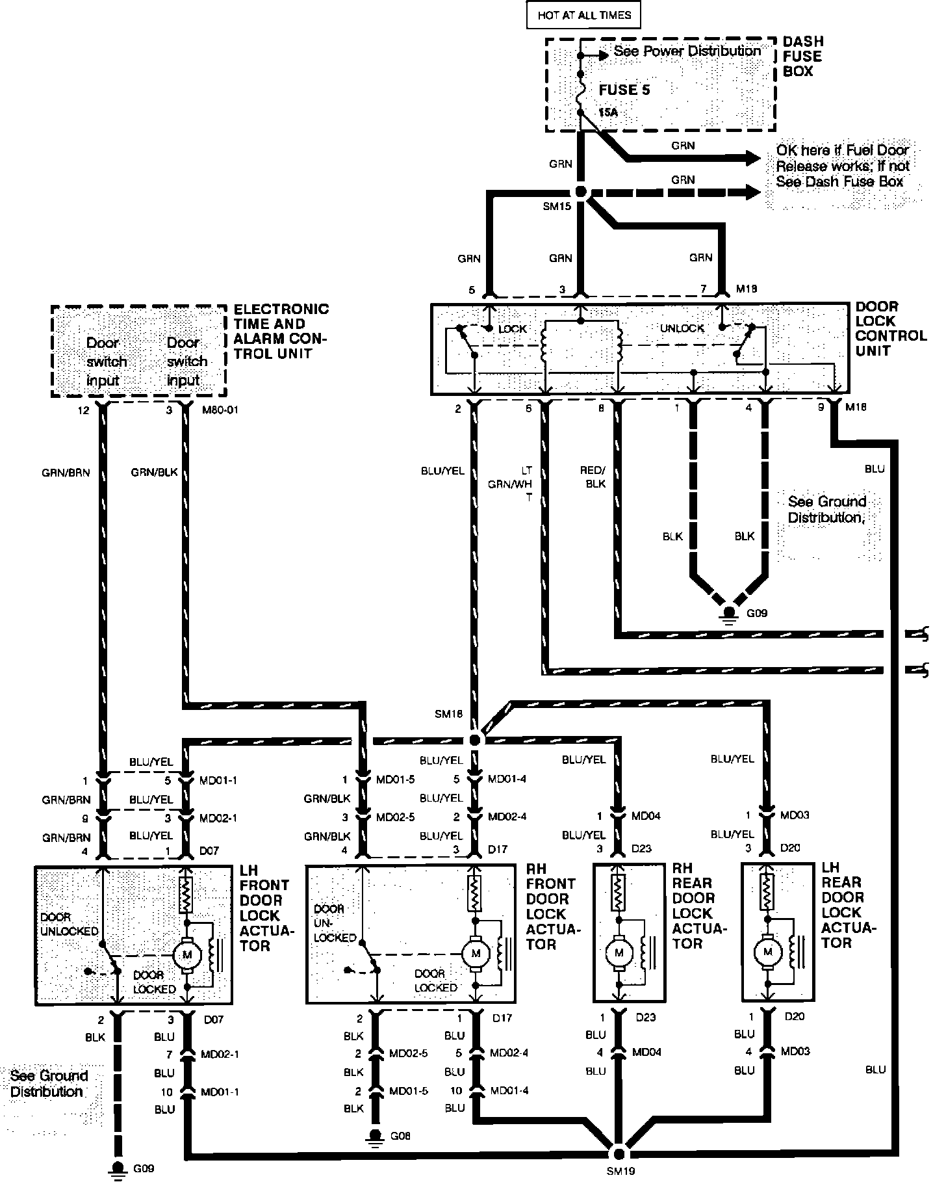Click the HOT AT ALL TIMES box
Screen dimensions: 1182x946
584,15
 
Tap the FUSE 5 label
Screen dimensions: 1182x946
624,90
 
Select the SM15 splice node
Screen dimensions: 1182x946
581,192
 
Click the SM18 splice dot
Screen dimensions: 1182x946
475,740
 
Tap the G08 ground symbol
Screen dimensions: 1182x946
374,1135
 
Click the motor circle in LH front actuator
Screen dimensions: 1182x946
188,954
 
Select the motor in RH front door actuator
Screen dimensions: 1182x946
476,953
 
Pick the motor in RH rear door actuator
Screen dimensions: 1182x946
619,952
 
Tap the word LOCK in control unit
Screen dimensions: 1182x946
512,329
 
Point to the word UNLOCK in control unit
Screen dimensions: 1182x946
682,328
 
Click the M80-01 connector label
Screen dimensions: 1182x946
217,410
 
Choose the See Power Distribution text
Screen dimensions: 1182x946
687,51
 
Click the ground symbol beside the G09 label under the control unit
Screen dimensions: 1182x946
729,613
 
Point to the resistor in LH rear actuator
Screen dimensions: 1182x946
768,891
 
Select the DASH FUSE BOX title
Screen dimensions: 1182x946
803,57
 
